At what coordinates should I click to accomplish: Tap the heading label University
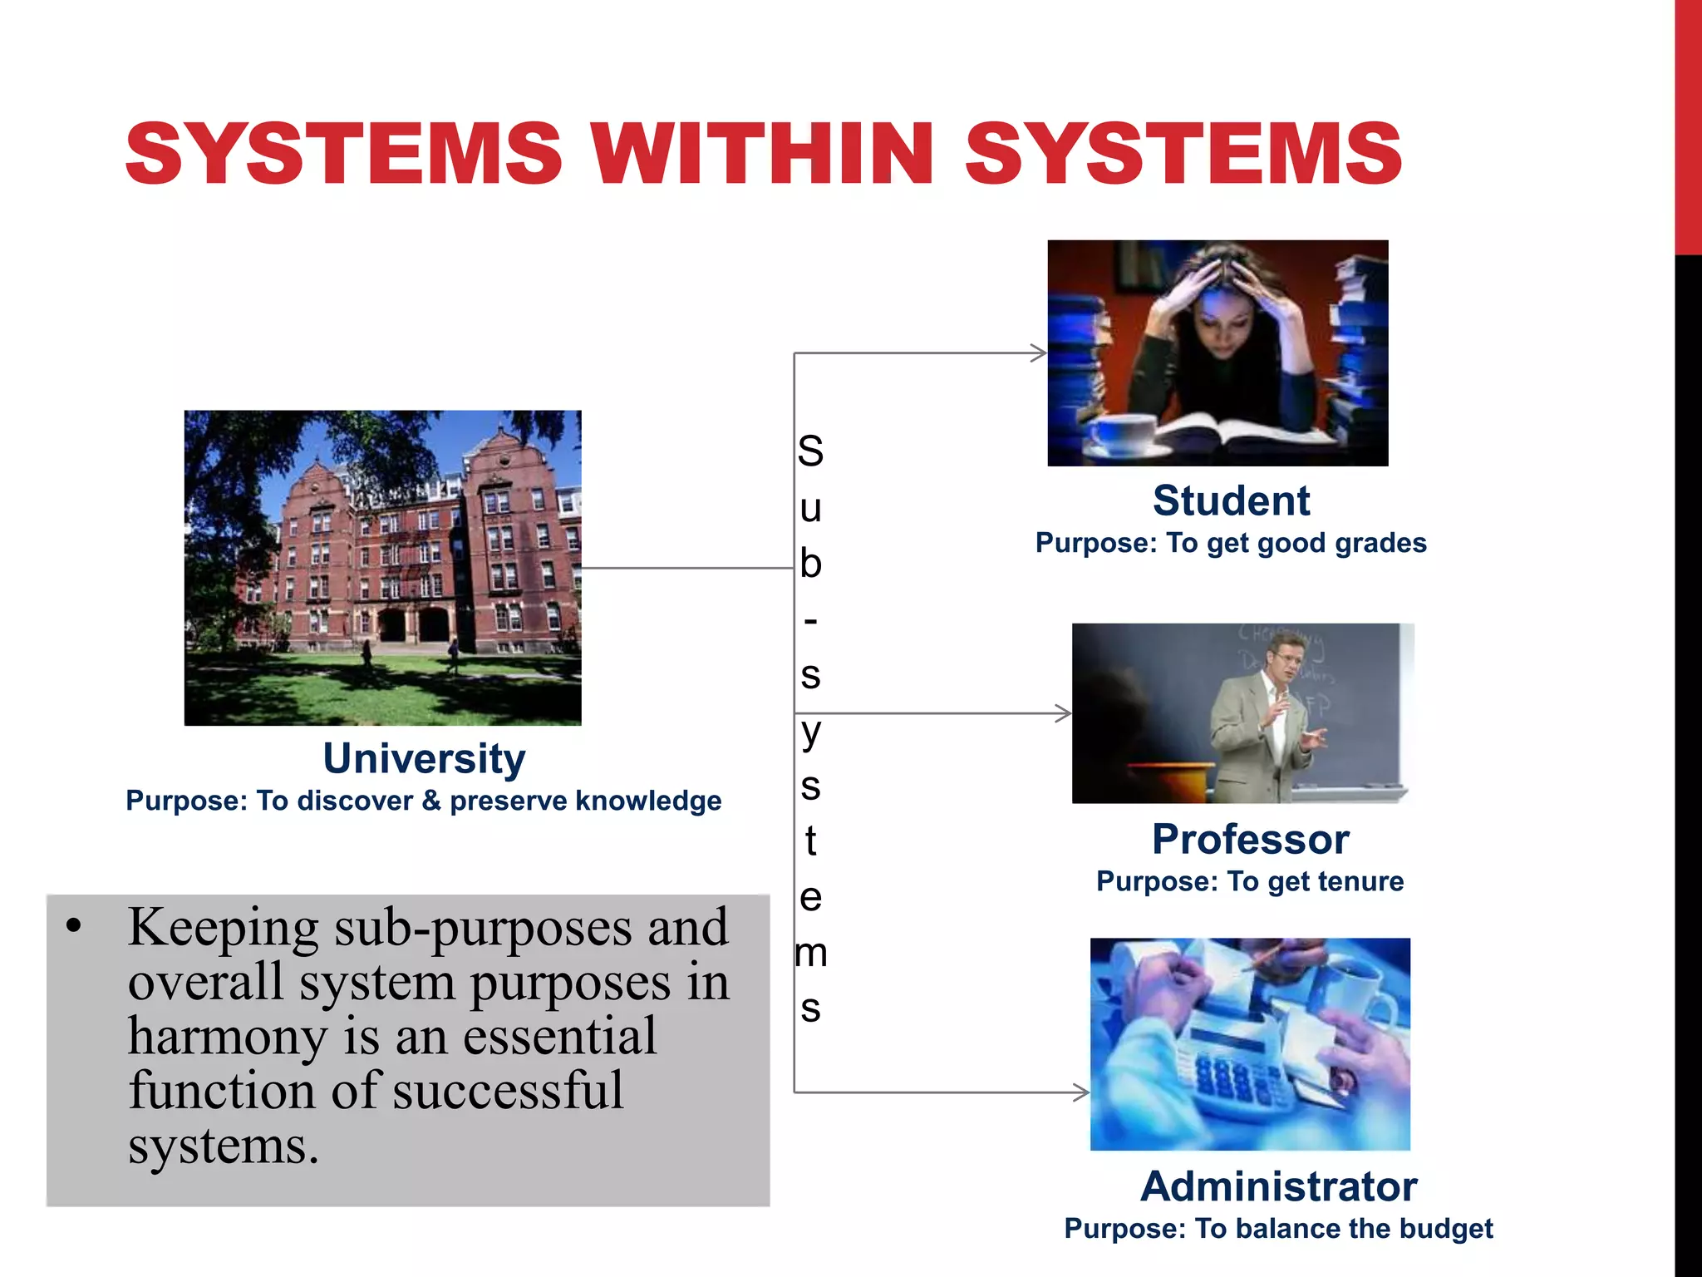[x=424, y=758]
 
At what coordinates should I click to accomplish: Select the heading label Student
[x=1231, y=500]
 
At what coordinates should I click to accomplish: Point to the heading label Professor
[x=1250, y=839]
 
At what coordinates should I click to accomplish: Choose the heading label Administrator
[x=1278, y=1186]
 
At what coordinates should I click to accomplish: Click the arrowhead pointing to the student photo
[x=1040, y=353]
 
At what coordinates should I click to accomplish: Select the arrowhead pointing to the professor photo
[x=1064, y=713]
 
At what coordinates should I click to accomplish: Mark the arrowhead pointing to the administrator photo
[x=1082, y=1092]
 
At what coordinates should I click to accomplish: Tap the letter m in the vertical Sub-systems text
[x=810, y=953]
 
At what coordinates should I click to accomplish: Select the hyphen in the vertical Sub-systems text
[x=810, y=620]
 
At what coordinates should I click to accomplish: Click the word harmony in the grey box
[x=226, y=1038]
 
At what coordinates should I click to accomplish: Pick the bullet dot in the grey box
[x=75, y=927]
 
